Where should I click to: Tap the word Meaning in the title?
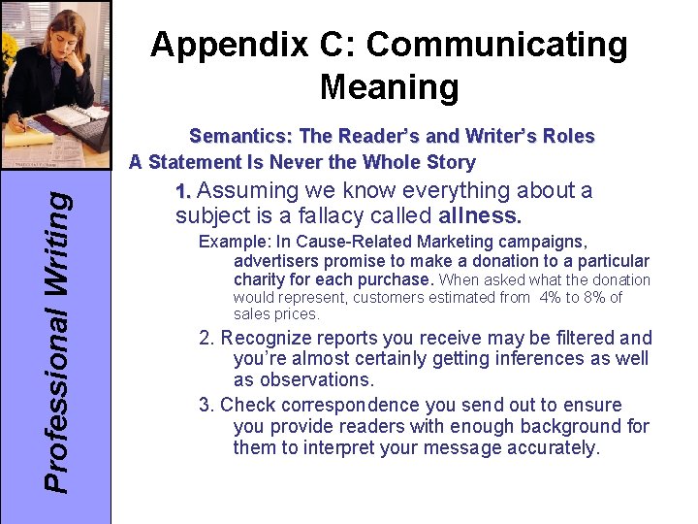point(389,87)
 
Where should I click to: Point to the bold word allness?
point(480,214)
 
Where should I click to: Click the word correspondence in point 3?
point(334,405)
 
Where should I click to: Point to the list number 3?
point(206,405)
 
